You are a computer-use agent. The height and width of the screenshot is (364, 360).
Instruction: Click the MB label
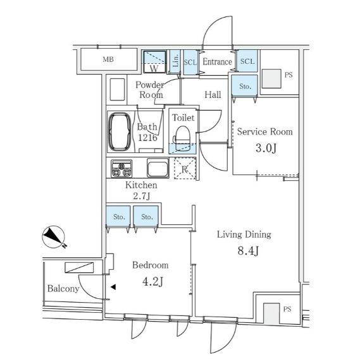click(x=108, y=59)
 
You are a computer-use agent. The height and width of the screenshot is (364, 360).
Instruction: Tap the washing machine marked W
click(x=154, y=62)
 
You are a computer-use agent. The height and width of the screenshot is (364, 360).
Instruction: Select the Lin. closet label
click(x=176, y=61)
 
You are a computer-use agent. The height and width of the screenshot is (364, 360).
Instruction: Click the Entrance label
click(x=217, y=62)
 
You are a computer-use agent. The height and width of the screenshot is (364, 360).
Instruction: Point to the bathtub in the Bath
click(x=120, y=132)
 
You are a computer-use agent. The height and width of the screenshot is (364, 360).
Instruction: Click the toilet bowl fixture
click(x=182, y=139)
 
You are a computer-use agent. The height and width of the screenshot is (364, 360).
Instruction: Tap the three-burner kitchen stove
click(x=121, y=169)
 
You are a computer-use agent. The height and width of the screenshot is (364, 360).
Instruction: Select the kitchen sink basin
click(x=158, y=168)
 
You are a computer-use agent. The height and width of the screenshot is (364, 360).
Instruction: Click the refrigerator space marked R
click(x=185, y=169)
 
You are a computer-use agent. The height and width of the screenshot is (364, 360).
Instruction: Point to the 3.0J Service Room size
click(x=266, y=148)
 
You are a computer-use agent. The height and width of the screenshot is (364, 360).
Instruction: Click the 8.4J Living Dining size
click(x=248, y=251)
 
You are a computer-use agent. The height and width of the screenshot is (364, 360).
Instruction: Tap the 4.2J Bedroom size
click(x=152, y=282)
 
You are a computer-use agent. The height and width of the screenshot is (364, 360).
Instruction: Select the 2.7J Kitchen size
click(x=142, y=197)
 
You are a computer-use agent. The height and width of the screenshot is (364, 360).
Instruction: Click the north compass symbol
click(x=54, y=237)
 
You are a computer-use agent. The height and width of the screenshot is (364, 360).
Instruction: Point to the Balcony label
click(x=63, y=289)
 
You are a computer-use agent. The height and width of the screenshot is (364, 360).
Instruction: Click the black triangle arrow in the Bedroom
click(x=113, y=287)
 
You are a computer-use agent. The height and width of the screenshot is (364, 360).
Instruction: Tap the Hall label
click(x=213, y=95)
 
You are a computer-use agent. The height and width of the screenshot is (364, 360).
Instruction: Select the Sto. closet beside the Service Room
click(x=245, y=85)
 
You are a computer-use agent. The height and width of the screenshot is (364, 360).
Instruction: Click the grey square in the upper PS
click(x=271, y=79)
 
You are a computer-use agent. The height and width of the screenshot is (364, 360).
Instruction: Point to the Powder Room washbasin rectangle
click(x=118, y=89)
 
